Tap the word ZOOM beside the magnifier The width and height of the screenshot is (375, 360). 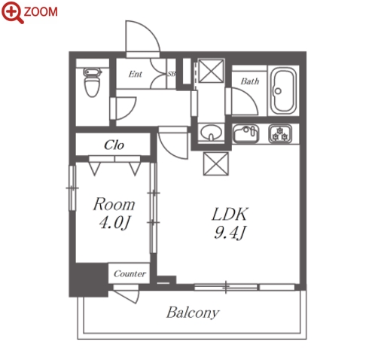41,12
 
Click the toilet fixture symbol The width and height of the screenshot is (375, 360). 92,82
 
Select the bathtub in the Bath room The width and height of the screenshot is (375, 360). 283,90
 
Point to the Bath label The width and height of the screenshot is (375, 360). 249,81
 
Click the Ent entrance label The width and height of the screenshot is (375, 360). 135,74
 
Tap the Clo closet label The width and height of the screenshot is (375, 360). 114,145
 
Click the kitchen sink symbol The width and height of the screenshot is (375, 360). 245,133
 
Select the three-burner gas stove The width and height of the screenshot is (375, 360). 280,133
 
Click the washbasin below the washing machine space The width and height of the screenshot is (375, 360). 212,133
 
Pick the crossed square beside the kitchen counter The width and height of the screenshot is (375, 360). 216,163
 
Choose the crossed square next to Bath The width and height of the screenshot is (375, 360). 211,71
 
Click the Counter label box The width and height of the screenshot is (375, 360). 129,273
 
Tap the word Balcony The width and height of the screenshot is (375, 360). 193,313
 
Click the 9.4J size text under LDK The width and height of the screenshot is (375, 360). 230,233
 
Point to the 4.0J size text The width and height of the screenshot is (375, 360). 114,223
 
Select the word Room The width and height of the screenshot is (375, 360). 114,204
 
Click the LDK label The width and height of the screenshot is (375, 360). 230,215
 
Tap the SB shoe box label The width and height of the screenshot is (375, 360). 171,74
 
